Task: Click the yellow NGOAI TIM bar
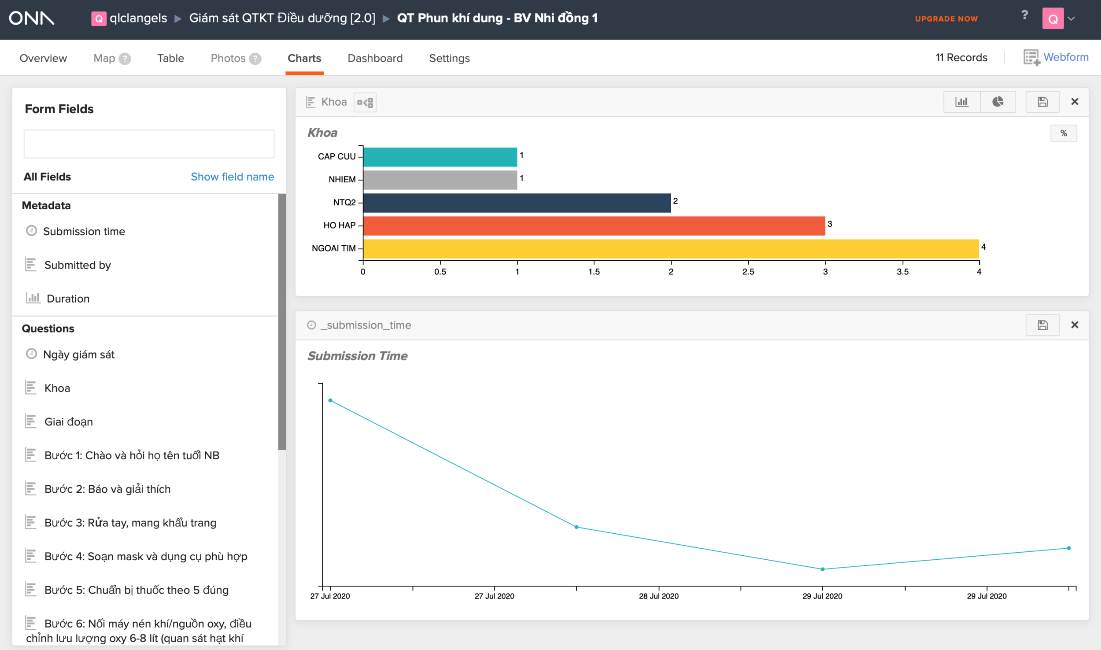click(671, 249)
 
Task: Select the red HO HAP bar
click(594, 226)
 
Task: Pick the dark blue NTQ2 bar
click(517, 203)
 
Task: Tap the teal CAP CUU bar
click(440, 157)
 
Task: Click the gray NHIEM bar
click(440, 180)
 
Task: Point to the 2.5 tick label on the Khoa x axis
click(748, 272)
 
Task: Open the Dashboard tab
click(375, 58)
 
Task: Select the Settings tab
click(449, 58)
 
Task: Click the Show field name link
click(232, 177)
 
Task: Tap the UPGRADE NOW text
click(946, 18)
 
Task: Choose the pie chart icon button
click(998, 102)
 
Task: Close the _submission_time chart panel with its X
click(1075, 325)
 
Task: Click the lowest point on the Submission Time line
click(822, 569)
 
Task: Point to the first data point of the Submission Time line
click(330, 400)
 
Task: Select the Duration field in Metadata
click(68, 299)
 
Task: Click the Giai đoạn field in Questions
click(68, 422)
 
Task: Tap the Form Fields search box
click(149, 144)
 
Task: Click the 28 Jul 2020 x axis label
click(658, 596)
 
